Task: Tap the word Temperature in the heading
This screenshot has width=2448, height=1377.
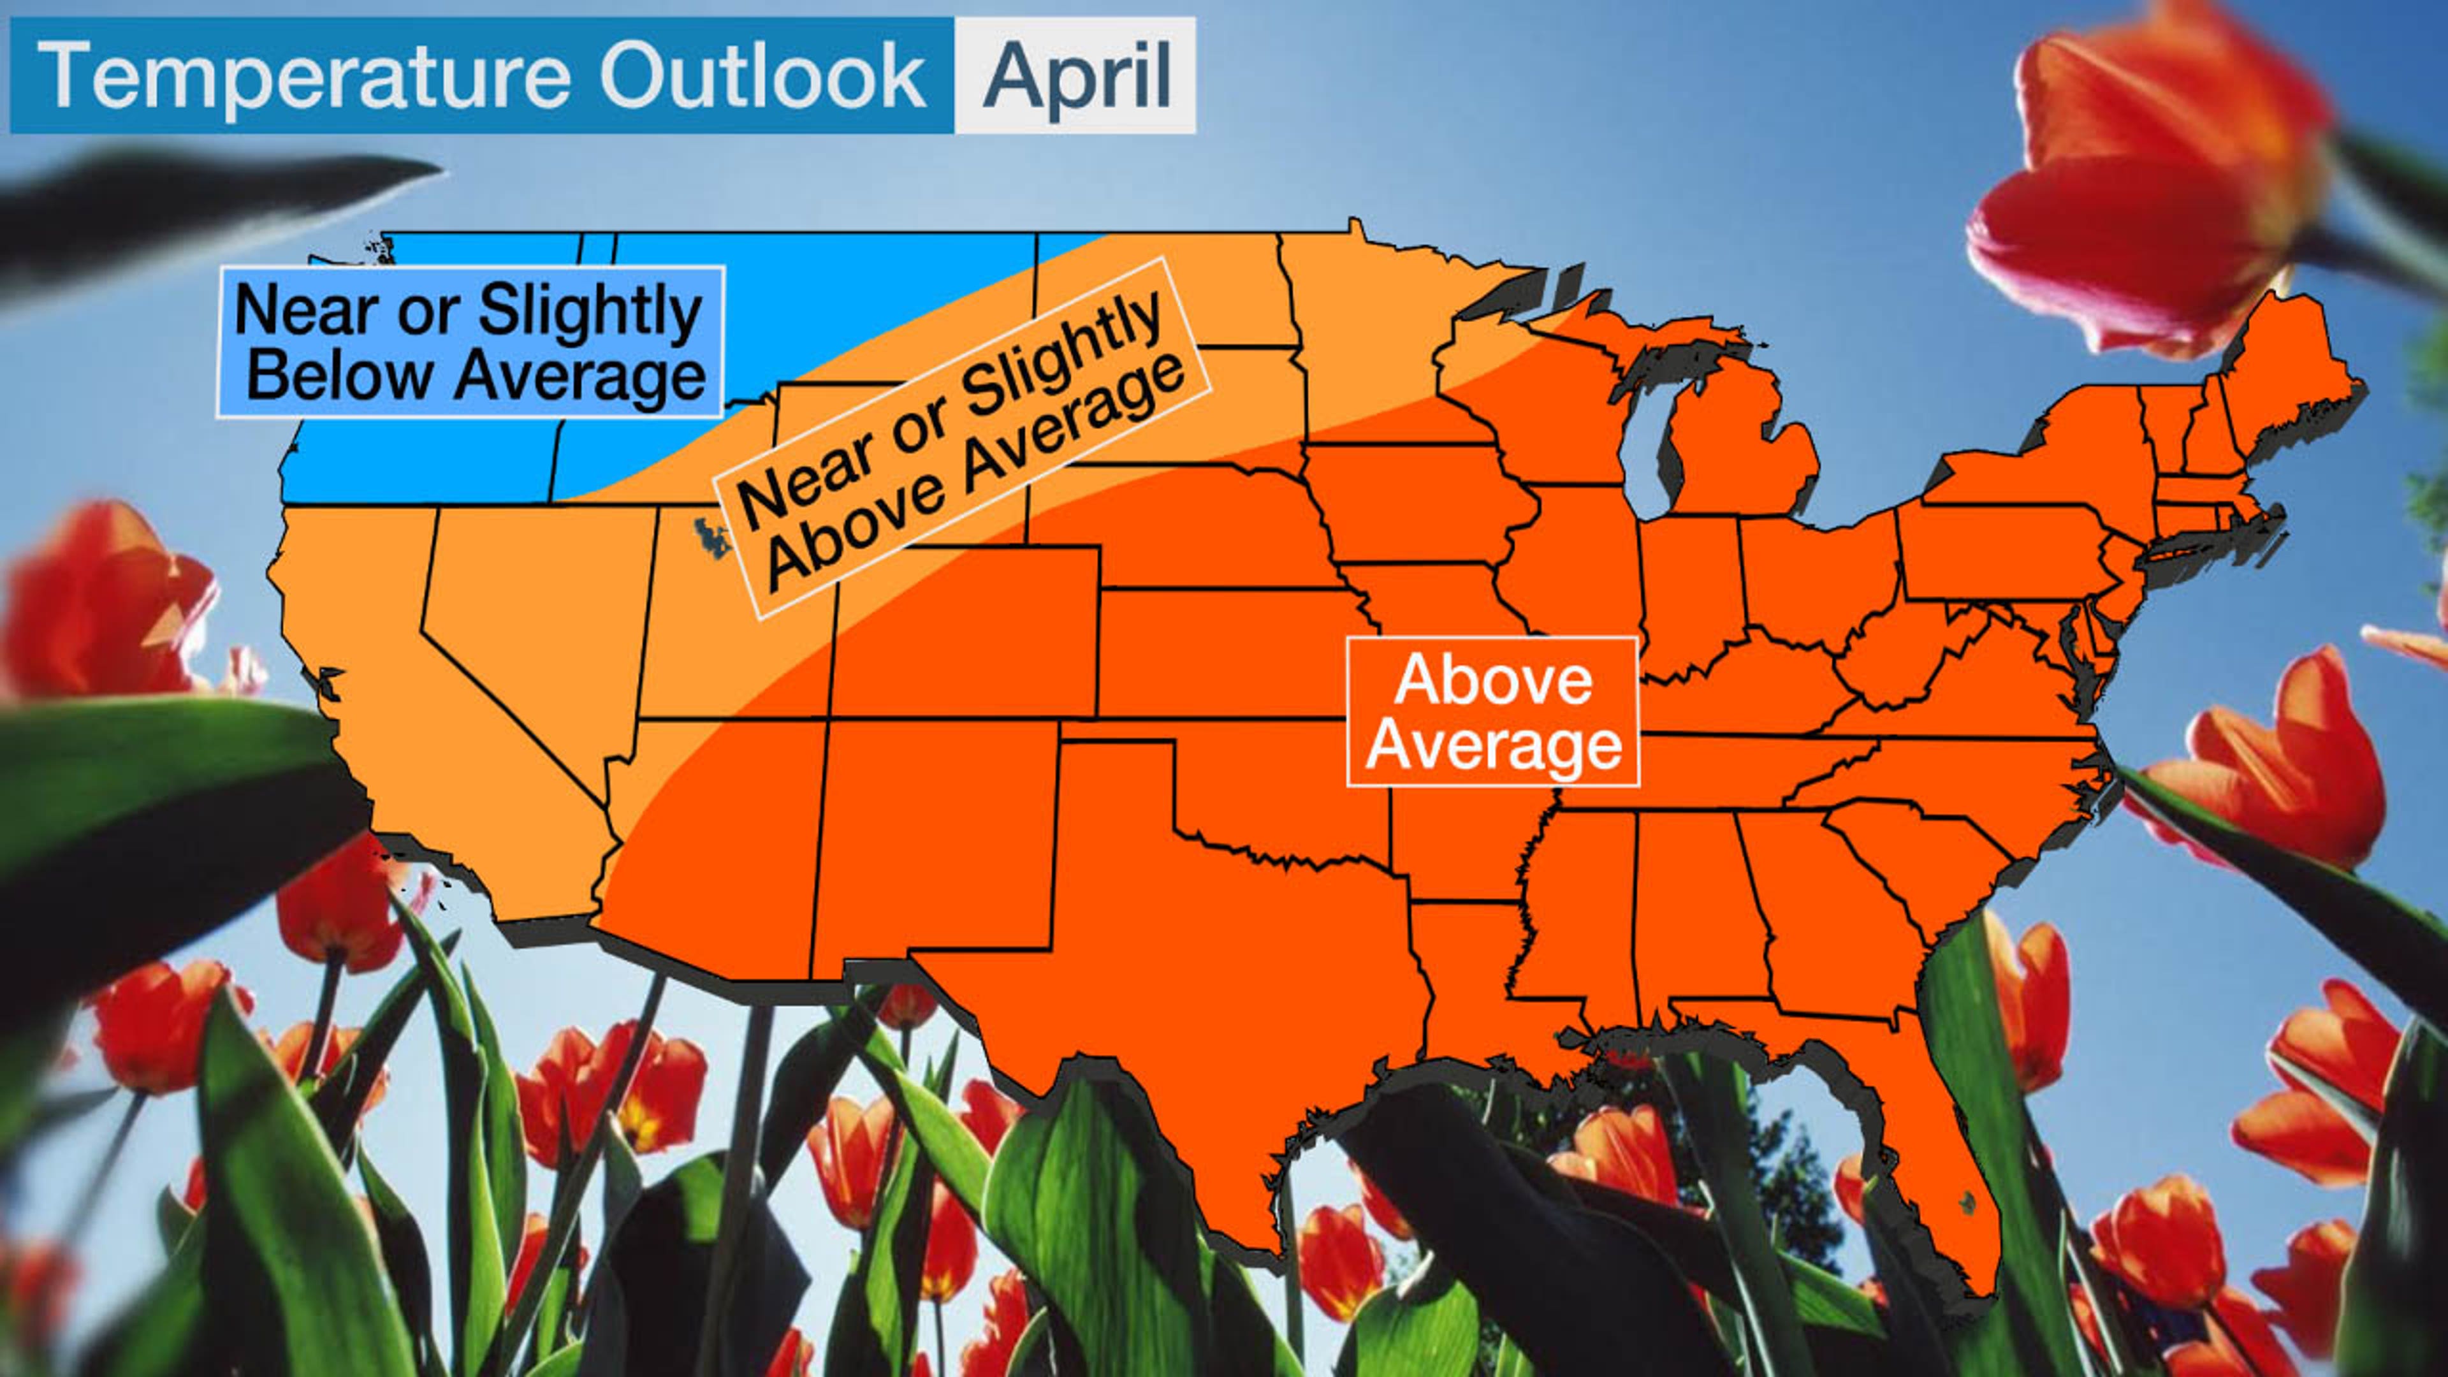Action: tap(304, 76)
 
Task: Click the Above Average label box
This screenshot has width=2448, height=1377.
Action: tap(1493, 712)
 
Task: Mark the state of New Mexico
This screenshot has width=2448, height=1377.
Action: tap(931, 836)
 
